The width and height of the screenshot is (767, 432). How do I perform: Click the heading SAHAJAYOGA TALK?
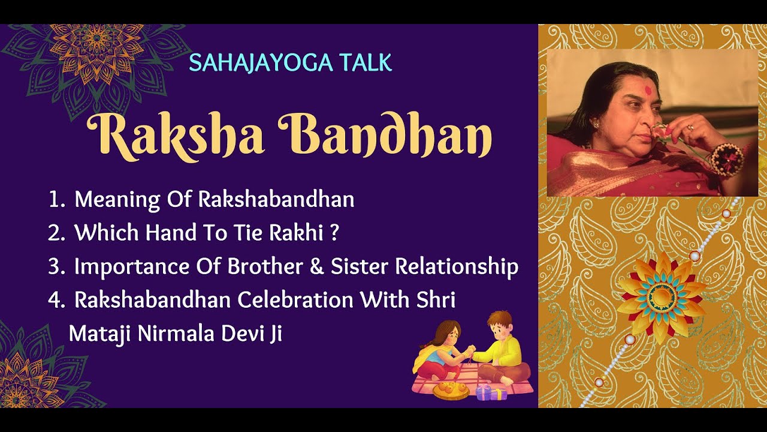click(x=290, y=62)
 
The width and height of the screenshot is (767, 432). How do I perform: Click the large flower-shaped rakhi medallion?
click(x=661, y=294)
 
